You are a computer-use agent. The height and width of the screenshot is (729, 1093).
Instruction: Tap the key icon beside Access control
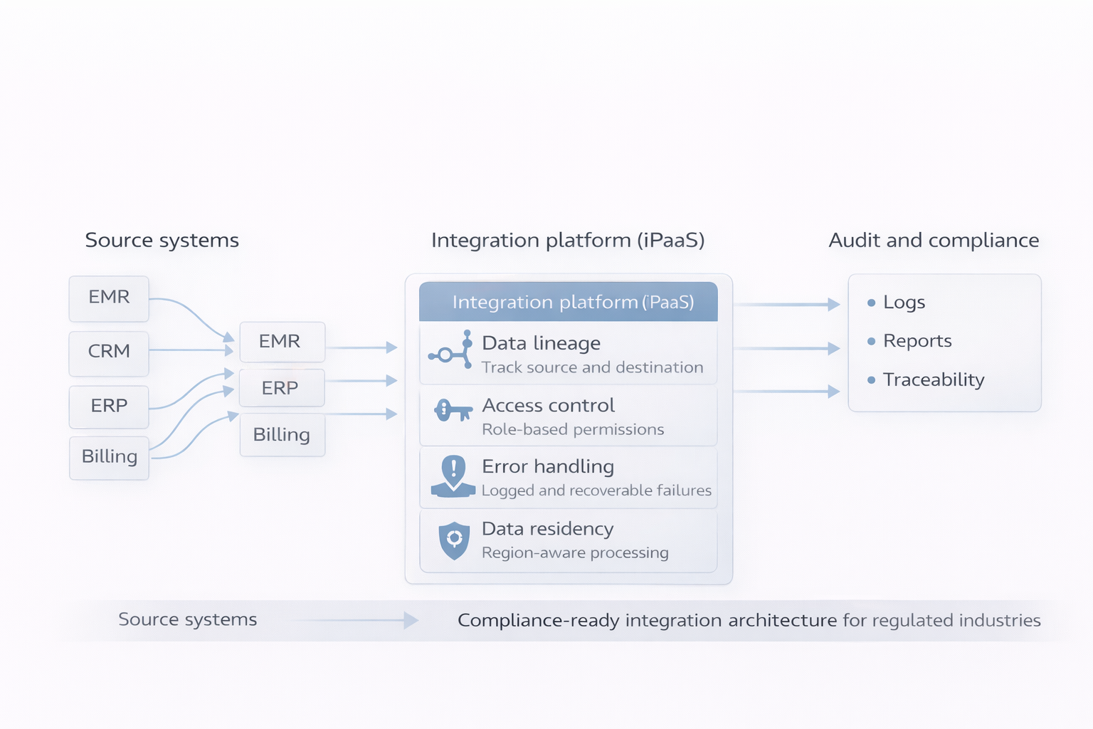pos(453,411)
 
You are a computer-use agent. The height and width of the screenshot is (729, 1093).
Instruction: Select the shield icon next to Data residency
pos(454,540)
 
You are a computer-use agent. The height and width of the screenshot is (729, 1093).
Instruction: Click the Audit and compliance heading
pos(934,241)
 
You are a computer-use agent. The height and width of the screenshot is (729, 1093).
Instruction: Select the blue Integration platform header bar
pos(568,302)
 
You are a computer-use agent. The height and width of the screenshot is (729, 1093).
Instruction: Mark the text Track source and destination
pos(592,367)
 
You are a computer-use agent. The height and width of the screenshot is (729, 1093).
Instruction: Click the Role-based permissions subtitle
pos(573,429)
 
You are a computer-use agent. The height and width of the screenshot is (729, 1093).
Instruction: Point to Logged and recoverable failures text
pos(596,491)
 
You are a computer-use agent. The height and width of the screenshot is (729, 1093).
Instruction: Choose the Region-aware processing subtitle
pos(575,553)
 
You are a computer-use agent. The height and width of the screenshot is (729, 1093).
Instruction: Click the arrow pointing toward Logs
pos(786,305)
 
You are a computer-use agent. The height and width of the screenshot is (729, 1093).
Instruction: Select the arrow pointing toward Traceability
pos(786,392)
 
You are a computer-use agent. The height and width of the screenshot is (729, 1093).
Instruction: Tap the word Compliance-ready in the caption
pos(538,621)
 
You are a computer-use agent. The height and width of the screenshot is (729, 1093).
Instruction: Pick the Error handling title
pos(548,467)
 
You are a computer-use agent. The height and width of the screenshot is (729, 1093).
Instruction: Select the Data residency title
pos(547,529)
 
